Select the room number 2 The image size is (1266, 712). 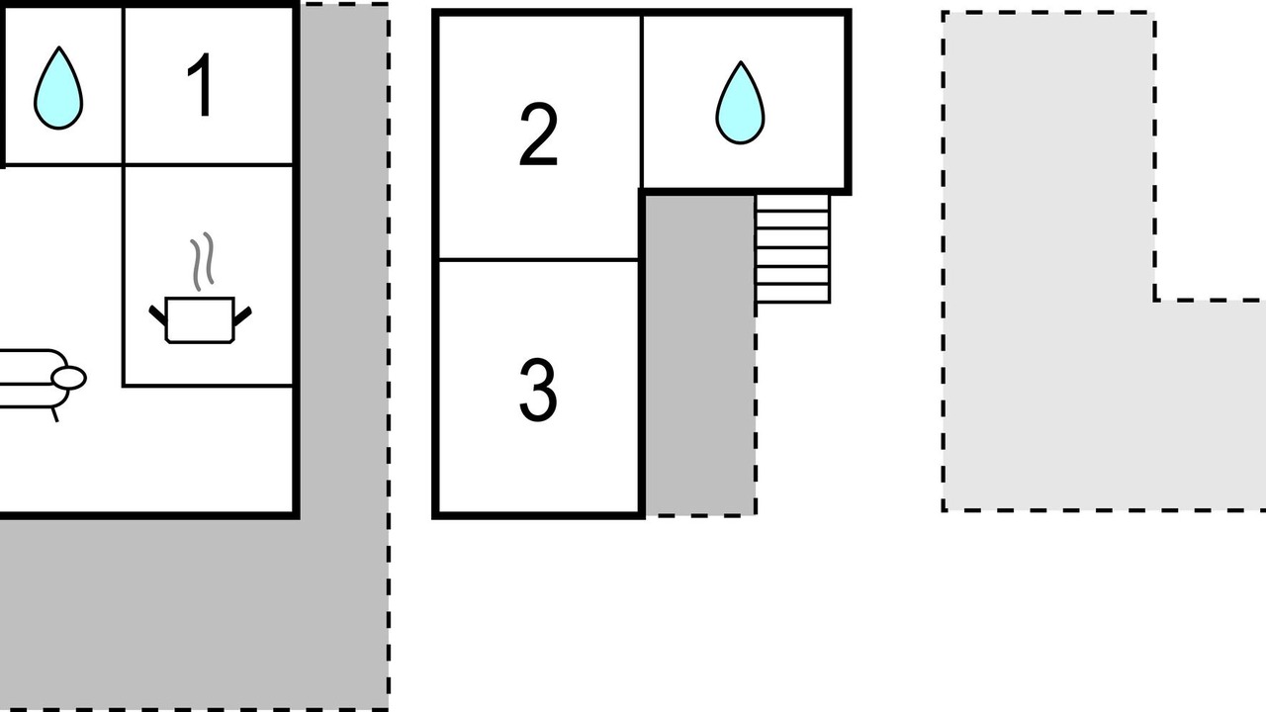pyautogui.click(x=538, y=134)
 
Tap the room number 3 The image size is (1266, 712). pyautogui.click(x=538, y=390)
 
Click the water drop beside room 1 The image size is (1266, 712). pyautogui.click(x=58, y=88)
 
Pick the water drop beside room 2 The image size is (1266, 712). pyautogui.click(x=741, y=103)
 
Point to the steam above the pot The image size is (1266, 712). pyautogui.click(x=202, y=261)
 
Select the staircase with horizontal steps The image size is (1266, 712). pyautogui.click(x=793, y=248)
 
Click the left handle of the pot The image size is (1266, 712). pyautogui.click(x=157, y=315)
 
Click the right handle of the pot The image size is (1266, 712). pyautogui.click(x=242, y=316)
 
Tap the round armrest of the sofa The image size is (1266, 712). pyautogui.click(x=68, y=378)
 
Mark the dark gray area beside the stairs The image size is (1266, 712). pyautogui.click(x=699, y=355)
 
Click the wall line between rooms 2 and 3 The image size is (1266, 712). pyautogui.click(x=538, y=260)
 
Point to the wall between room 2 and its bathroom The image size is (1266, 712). pyautogui.click(x=642, y=102)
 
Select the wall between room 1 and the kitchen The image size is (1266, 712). pyautogui.click(x=208, y=165)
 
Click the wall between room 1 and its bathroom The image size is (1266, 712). pyautogui.click(x=123, y=86)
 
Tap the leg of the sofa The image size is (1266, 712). pyautogui.click(x=54, y=414)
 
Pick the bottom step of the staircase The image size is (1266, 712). pyautogui.click(x=793, y=295)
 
